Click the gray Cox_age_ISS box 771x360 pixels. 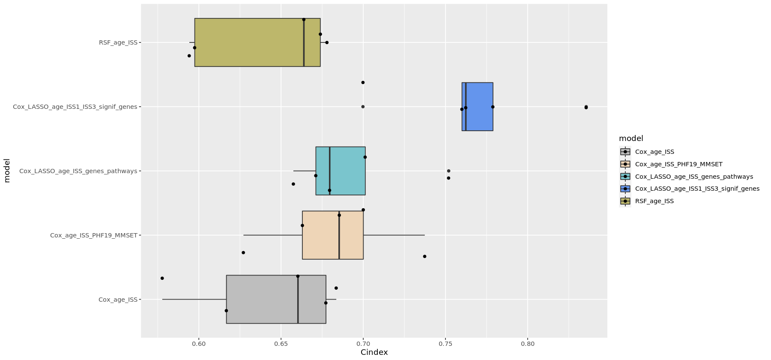[x=261, y=299]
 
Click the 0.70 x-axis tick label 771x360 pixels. [x=363, y=344]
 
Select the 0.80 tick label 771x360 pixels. [x=528, y=344]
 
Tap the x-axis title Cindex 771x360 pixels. [x=374, y=352]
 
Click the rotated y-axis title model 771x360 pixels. [x=6, y=171]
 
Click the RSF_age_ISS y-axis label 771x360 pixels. [x=118, y=42]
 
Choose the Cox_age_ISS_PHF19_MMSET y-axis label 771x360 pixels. [x=93, y=235]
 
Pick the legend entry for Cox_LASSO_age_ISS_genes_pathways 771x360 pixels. [x=693, y=177]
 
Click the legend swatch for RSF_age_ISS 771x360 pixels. [x=625, y=201]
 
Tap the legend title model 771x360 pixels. [x=631, y=138]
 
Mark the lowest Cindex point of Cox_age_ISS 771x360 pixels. [x=162, y=278]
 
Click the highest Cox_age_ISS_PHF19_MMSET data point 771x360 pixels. [x=424, y=256]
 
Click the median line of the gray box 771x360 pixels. [x=298, y=299]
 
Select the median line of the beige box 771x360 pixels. [x=339, y=235]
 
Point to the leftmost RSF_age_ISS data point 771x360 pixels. [x=189, y=56]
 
